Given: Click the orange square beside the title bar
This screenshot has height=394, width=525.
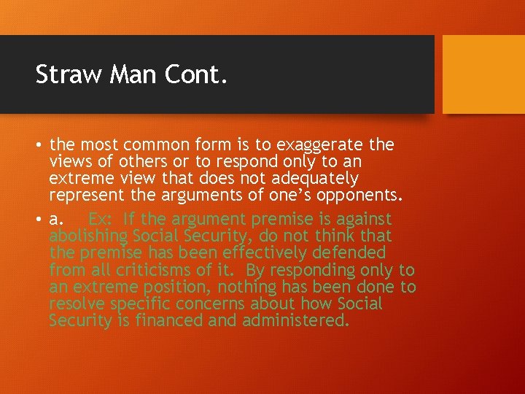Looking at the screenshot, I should (x=483, y=74).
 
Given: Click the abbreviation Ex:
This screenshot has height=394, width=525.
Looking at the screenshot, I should (x=101, y=219).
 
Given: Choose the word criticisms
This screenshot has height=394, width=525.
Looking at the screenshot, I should (x=147, y=270).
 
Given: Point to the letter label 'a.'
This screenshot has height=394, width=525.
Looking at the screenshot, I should (x=56, y=220).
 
